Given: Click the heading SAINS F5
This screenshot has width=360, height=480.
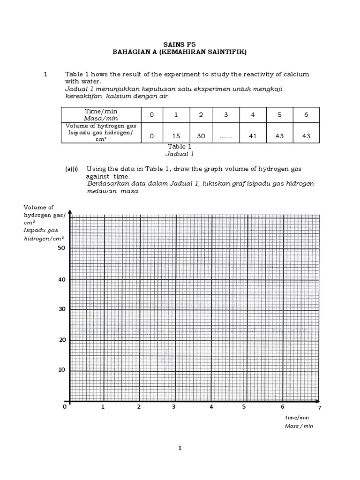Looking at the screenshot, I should tap(179, 45).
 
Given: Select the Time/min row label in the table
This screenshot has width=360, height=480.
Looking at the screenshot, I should tap(101, 111).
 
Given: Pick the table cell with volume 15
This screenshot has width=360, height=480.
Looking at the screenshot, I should tap(176, 136).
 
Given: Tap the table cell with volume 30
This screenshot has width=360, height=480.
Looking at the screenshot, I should tap(201, 136).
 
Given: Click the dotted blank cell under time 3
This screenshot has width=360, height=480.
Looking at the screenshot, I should tap(225, 136).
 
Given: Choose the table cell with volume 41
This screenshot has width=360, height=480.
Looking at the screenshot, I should tap(253, 136).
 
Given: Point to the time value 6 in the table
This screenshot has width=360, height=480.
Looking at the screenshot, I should tap(306, 115).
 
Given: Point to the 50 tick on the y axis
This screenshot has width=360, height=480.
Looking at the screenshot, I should tap(61, 248).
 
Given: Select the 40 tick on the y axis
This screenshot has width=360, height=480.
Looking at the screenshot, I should tap(61, 279).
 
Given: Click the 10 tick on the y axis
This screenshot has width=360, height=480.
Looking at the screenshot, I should tap(61, 370).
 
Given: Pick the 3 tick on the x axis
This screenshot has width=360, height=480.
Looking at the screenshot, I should tap(174, 407).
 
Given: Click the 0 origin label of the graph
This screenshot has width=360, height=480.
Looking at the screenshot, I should tap(65, 407).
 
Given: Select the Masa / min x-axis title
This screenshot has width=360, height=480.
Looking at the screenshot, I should tap(299, 426).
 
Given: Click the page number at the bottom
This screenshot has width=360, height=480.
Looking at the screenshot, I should tap(180, 449).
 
